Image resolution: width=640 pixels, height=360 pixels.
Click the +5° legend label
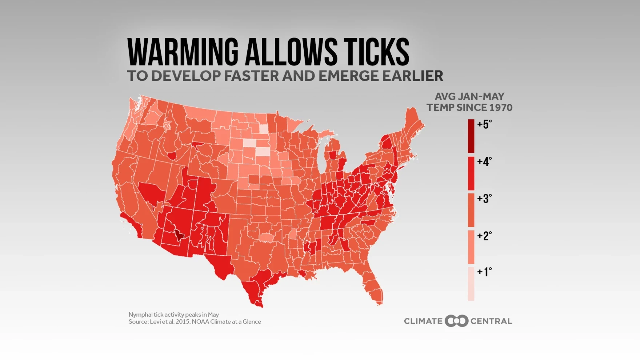coord(484,124)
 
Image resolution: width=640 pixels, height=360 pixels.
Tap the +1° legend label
coord(484,272)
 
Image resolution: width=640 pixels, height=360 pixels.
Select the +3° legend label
coord(484,199)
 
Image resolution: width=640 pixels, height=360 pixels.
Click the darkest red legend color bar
coord(471,136)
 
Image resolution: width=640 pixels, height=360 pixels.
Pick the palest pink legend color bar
coord(471,284)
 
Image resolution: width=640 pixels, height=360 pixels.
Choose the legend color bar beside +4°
coord(471,173)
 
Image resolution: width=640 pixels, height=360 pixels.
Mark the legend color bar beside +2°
coord(471,247)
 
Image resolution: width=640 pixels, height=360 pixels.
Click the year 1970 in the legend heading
coord(501,108)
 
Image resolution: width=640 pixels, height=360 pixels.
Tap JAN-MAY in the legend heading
coord(481,97)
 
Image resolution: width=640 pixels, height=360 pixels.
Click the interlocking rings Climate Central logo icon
coord(456,321)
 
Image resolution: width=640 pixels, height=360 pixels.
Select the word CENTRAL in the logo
coord(491,321)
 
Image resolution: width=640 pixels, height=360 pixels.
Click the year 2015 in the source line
coord(183,321)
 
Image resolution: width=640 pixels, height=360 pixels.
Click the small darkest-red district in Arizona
coord(179,235)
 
